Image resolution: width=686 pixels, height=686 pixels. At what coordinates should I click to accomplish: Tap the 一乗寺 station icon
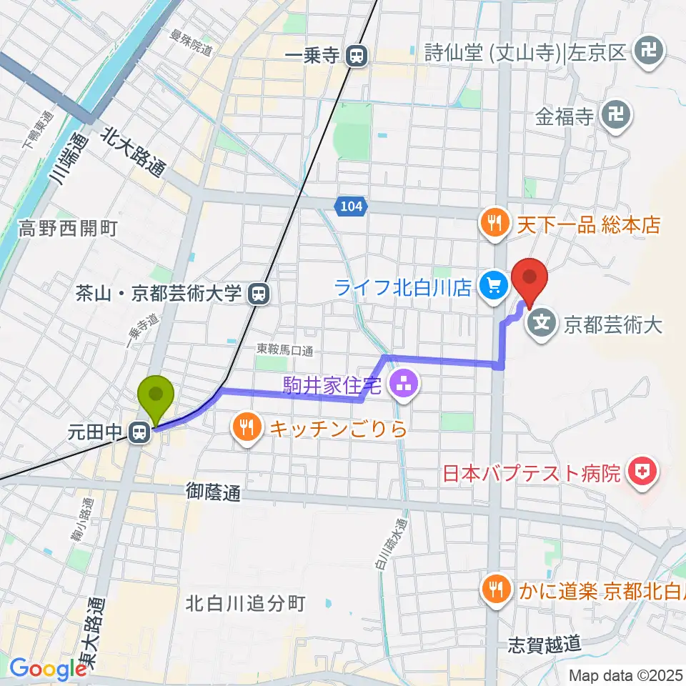(x=356, y=55)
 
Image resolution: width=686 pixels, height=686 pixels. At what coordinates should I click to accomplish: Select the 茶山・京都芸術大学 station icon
(x=258, y=293)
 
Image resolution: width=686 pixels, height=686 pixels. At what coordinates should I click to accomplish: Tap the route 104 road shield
(x=351, y=207)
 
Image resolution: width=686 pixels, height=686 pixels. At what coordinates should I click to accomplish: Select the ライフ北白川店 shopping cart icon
(x=492, y=287)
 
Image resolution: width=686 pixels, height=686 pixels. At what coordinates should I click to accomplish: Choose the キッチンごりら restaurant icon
(x=247, y=429)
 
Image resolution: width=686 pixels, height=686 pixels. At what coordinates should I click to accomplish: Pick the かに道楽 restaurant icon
(x=493, y=590)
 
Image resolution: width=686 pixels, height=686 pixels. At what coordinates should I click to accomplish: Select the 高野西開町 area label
(x=69, y=229)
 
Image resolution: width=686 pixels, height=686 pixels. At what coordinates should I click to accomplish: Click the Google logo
(x=48, y=669)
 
